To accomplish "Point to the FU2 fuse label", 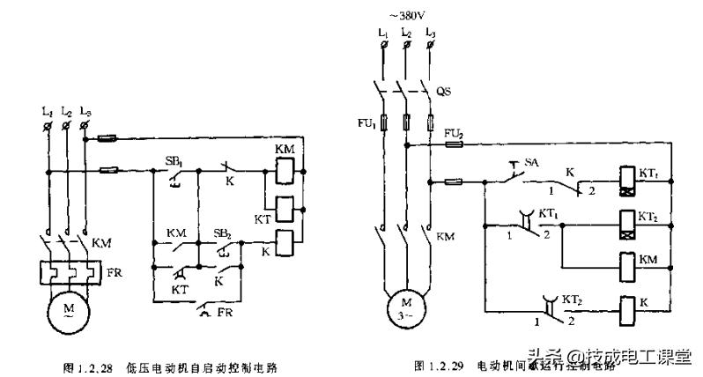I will (455, 133).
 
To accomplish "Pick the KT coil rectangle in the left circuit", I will (283, 209).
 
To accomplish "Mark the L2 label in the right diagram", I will (405, 33).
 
